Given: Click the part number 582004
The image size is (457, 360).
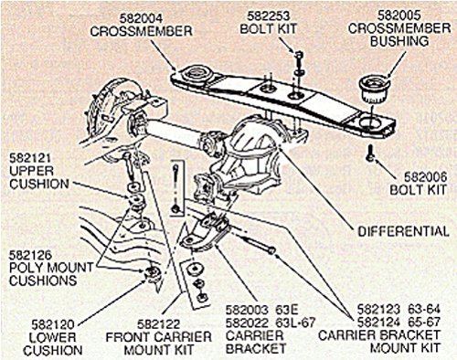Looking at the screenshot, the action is coord(141,18).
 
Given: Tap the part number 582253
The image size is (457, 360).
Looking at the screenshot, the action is coord(268,16).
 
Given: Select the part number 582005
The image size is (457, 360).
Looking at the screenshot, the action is coord(399,16).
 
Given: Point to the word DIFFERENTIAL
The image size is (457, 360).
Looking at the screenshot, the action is coord(403,231).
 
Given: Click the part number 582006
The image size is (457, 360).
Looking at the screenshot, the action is coord(425,177).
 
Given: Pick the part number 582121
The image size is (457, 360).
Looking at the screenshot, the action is coord(30,158).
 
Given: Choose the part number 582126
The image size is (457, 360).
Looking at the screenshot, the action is coord(30,255).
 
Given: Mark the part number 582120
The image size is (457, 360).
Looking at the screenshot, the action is coord(53,324).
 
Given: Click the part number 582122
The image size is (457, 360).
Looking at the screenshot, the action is coord(158,324).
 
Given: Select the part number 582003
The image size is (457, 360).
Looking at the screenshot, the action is coord(247,310).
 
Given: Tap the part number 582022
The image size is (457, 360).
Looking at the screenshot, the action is coord(247,323).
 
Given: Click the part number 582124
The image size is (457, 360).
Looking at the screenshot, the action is coord(378,322).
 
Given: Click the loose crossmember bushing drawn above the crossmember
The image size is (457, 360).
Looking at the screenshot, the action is coord(375,89).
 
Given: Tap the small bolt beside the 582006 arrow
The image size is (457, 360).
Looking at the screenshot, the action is coord(370,154).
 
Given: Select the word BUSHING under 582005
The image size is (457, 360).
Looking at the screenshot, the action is coord(399,41).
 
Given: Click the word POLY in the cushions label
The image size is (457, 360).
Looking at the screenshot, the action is coord(26,268).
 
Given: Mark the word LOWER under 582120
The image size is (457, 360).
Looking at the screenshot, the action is coord(53,337).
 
